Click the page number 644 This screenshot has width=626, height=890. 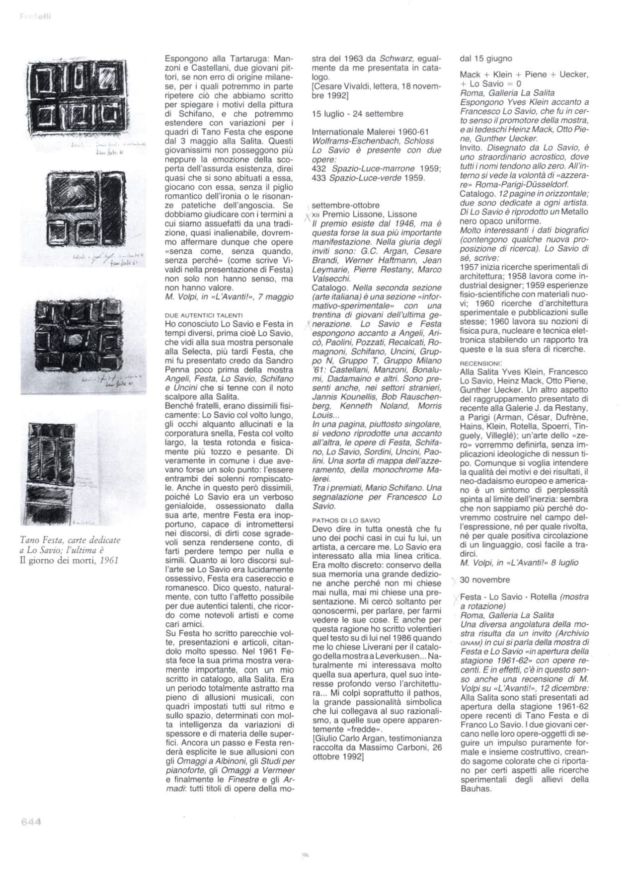click(x=30, y=821)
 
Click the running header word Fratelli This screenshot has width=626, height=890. click(x=35, y=17)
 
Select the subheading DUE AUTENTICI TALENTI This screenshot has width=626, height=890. click(x=204, y=315)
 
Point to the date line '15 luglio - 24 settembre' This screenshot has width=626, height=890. click(x=357, y=114)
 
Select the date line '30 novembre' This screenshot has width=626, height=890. click(x=484, y=580)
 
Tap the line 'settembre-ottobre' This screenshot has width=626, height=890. click(x=345, y=205)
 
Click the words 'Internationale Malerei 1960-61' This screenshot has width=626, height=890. click(x=370, y=132)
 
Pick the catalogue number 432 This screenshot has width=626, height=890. click(x=318, y=169)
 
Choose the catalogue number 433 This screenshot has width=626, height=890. click(x=318, y=178)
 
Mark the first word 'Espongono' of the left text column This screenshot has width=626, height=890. click(x=183, y=58)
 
